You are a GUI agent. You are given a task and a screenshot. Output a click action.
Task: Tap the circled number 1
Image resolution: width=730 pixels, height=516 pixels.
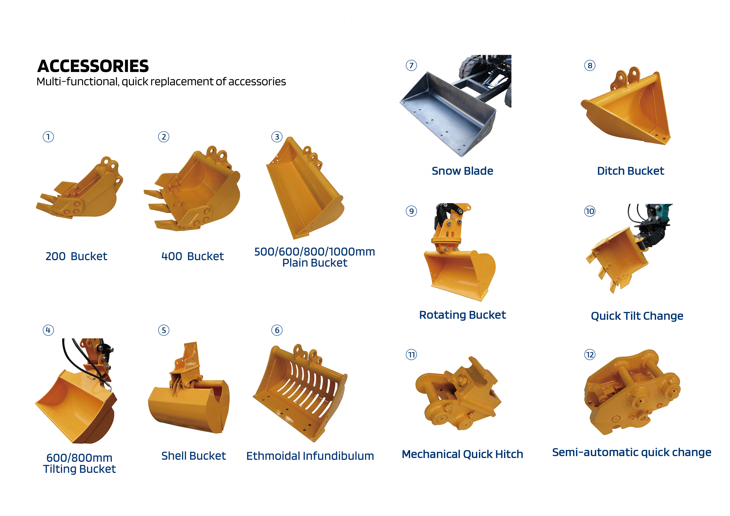(48, 137)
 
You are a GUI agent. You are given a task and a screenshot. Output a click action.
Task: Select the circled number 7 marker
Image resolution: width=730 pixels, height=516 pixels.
(411, 65)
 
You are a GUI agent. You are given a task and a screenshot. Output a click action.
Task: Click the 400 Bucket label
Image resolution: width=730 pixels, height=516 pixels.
(192, 256)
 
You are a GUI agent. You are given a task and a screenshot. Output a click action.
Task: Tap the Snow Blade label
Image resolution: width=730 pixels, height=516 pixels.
(462, 171)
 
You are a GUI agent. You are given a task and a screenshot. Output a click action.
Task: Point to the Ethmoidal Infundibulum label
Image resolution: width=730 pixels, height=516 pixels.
(310, 456)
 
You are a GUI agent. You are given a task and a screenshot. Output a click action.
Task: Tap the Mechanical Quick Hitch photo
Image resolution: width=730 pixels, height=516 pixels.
(458, 394)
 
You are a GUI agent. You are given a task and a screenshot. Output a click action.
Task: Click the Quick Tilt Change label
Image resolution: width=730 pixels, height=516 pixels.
(637, 316)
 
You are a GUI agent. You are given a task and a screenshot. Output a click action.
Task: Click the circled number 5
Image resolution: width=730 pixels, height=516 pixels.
(164, 330)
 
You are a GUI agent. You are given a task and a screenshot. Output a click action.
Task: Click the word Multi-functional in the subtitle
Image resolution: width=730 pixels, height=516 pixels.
(77, 82)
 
